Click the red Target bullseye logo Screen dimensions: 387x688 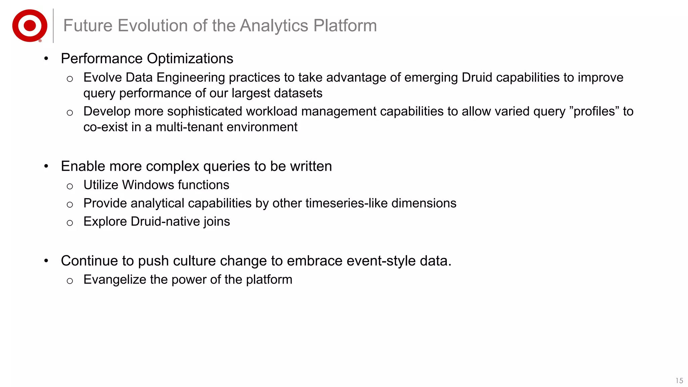30,26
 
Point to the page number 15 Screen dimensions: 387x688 679,381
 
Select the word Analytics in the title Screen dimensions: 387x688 274,26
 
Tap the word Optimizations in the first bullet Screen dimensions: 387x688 190,59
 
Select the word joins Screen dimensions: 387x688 218,222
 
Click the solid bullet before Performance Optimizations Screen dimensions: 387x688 46,59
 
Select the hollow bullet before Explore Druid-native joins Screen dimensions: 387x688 70,223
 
